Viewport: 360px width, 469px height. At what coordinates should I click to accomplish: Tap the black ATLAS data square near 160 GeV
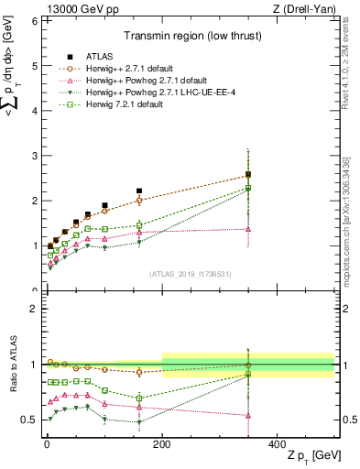point(139,191)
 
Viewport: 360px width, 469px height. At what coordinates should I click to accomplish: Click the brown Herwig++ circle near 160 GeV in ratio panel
point(139,372)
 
